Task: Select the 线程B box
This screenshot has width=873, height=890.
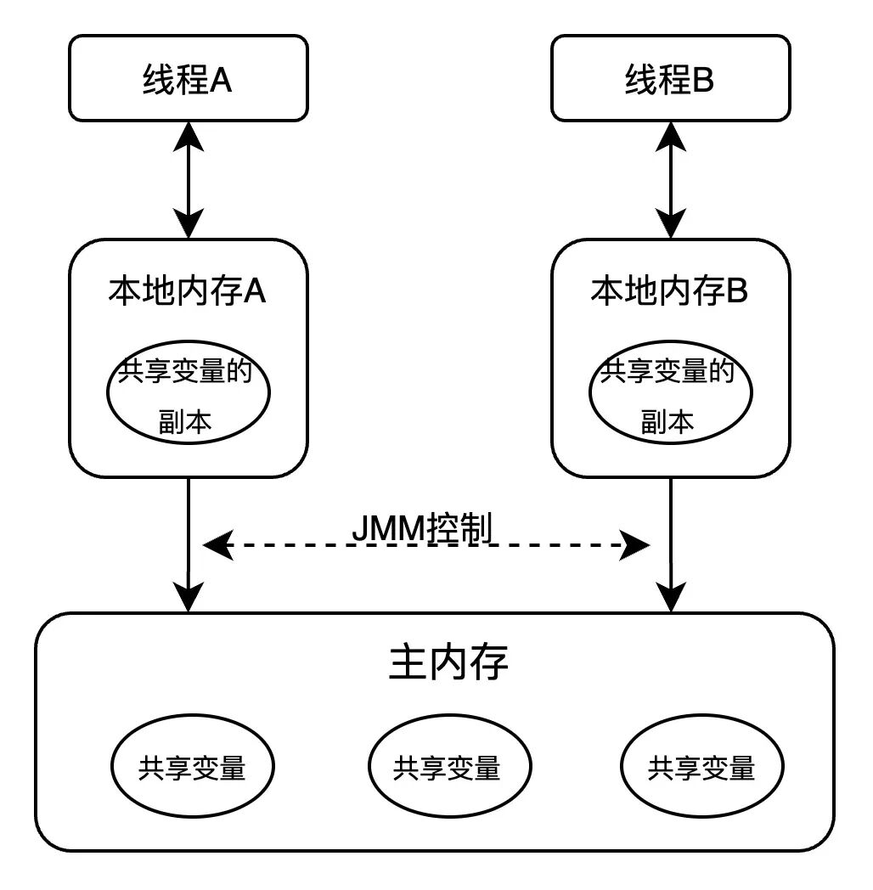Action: pyautogui.click(x=670, y=78)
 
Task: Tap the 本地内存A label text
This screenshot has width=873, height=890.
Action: pyautogui.click(x=187, y=291)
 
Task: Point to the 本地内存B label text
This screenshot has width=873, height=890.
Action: pyautogui.click(x=669, y=291)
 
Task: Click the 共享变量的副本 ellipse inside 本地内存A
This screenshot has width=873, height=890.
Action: pyautogui.click(x=188, y=395)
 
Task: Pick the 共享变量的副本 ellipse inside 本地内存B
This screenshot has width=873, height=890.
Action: pyautogui.click(x=671, y=395)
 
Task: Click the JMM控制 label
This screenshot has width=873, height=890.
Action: pyautogui.click(x=422, y=529)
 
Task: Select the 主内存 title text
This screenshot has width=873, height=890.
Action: pyautogui.click(x=448, y=662)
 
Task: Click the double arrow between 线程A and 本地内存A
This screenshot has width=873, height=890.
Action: pyautogui.click(x=188, y=179)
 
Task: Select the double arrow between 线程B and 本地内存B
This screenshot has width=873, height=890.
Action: pyautogui.click(x=671, y=179)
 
